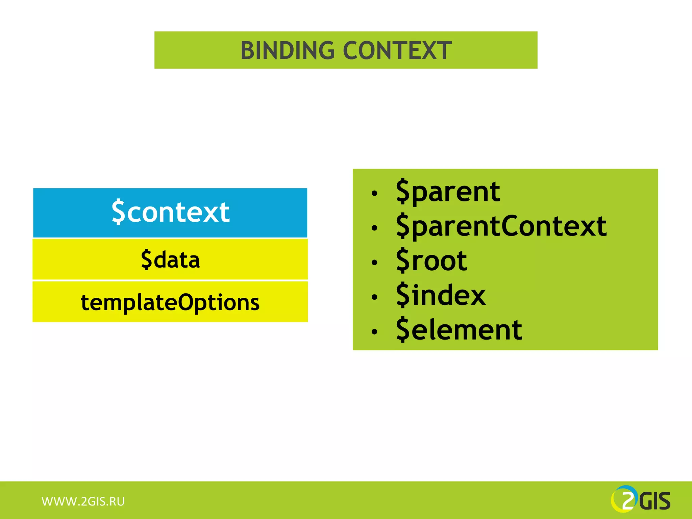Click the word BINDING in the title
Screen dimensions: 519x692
tap(287, 51)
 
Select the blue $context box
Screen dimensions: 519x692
tap(170, 213)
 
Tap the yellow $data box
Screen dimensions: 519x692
tap(170, 259)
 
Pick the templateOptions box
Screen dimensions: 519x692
tap(170, 302)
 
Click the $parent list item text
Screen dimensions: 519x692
tap(448, 192)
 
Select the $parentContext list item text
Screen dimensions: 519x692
tap(501, 226)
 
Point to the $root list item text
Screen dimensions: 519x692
tap(431, 261)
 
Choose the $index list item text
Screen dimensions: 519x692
tap(441, 295)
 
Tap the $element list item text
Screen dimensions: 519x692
tap(459, 330)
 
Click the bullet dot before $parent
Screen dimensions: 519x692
tap(374, 194)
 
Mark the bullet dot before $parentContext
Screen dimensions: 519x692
tap(374, 228)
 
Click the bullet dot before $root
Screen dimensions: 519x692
tap(374, 263)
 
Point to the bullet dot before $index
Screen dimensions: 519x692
tap(374, 297)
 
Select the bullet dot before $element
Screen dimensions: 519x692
tap(374, 332)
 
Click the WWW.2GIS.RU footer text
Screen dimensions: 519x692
tap(83, 501)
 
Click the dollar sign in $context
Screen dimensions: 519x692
tap(118, 212)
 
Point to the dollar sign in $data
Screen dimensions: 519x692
tap(146, 259)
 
